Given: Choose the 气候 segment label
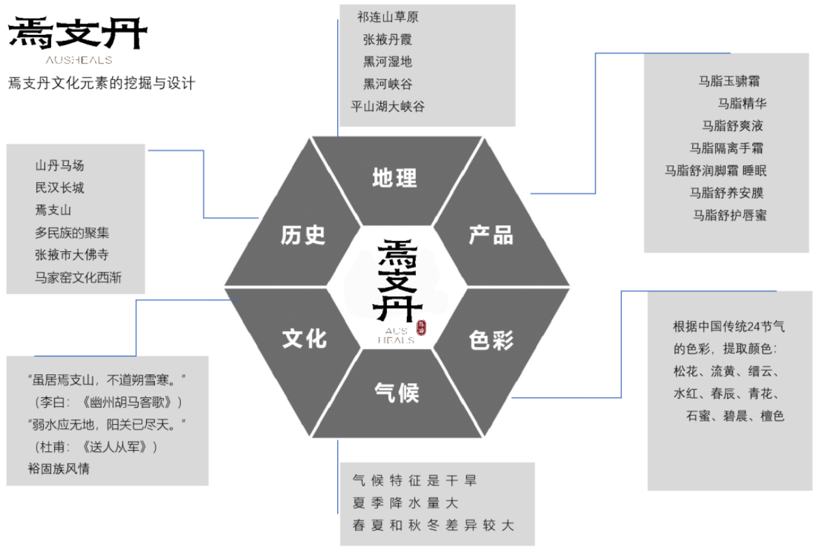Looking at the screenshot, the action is coord(397,393).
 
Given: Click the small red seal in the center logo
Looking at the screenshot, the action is coord(421,327).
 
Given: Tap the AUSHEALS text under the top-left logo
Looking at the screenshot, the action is coord(79,60).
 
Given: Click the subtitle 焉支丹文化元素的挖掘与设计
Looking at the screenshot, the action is coord(102,83).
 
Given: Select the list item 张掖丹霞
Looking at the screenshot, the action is coord(387,40).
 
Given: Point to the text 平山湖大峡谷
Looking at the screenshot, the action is coord(387,107).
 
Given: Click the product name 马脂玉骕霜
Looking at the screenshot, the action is coord(729,81).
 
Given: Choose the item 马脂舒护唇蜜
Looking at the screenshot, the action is coord(730,215).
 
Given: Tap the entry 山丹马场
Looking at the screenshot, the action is coord(59,165).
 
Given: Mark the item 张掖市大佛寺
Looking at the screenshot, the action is coord(72,255).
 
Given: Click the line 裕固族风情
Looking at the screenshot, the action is coord(59,468).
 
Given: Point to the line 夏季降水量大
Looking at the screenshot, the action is coord(405,503).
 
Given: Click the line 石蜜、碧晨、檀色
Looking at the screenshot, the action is coord(734,416).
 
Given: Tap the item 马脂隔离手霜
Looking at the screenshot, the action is coord(726,148).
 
